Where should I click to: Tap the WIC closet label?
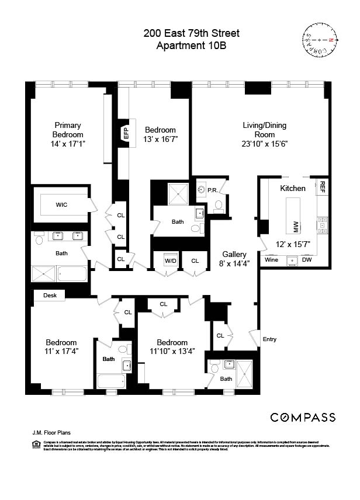tap(63, 205)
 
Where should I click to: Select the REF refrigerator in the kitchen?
tap(321, 188)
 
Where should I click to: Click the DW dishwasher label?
tap(307, 260)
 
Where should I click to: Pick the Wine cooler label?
tap(271, 260)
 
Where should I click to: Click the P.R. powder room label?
tap(212, 190)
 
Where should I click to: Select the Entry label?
tap(269, 339)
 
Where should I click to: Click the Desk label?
tap(50, 296)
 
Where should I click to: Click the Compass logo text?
tap(302, 417)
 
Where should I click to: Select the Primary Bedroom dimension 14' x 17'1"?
tap(68, 144)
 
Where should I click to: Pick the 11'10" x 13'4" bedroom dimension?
tap(172, 351)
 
